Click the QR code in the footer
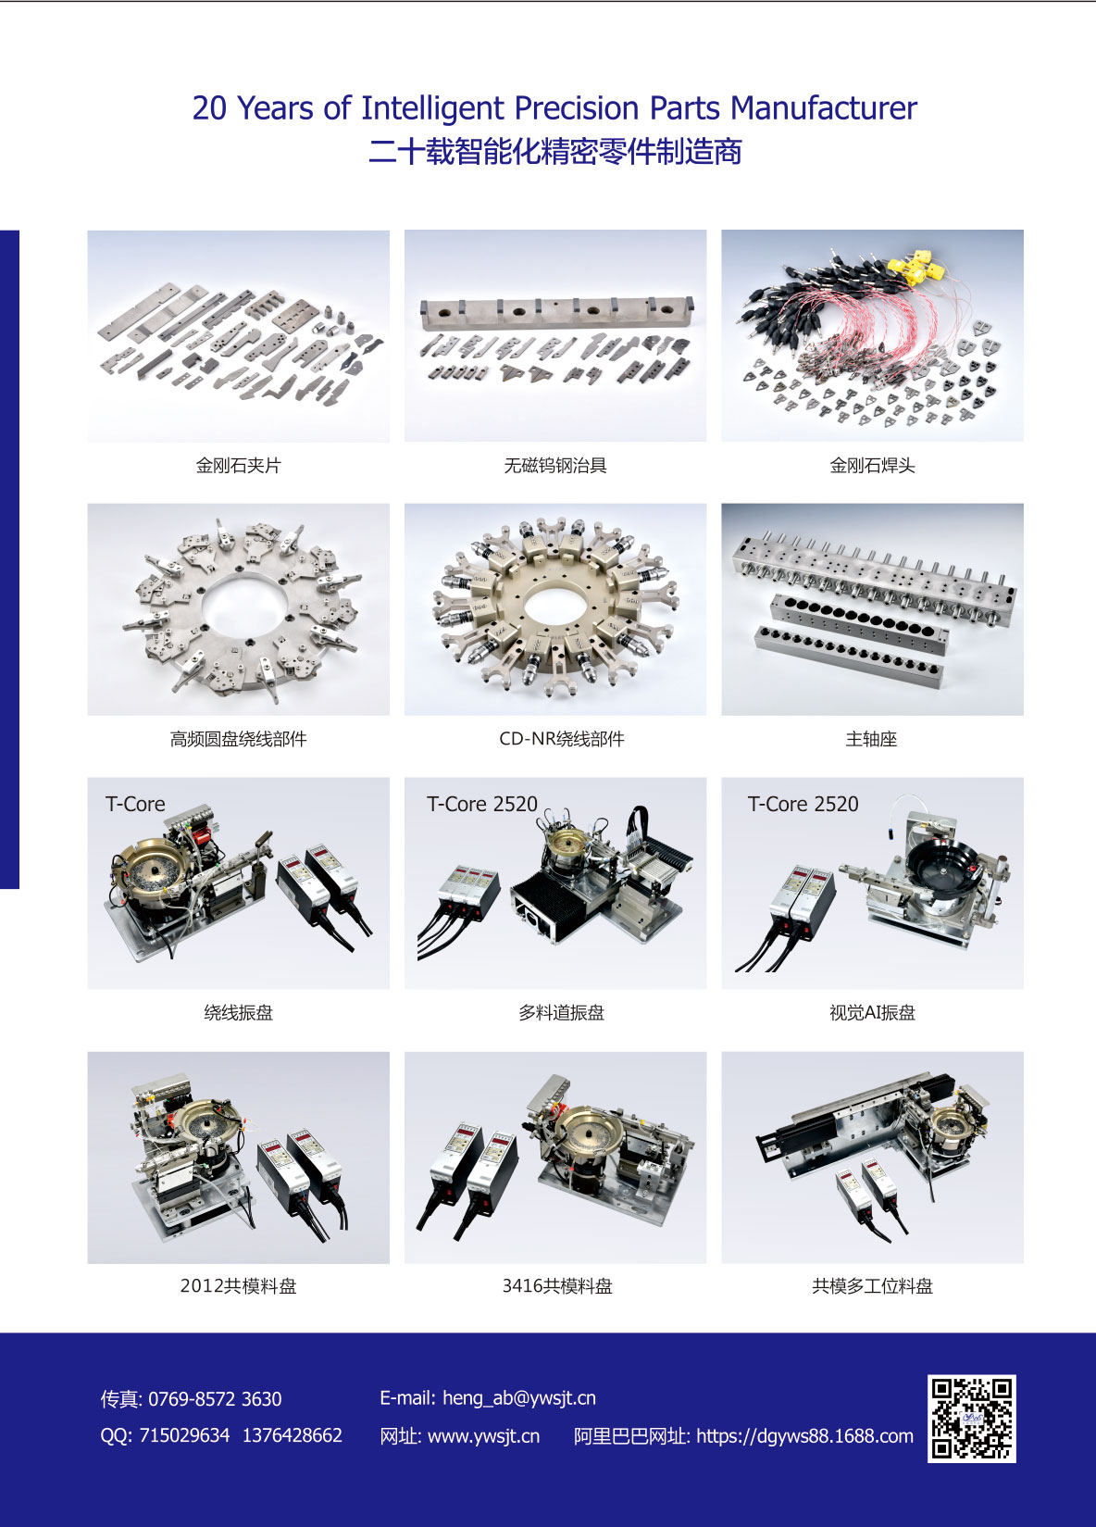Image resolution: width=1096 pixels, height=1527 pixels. point(971,1418)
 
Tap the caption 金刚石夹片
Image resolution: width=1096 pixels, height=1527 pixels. point(239,466)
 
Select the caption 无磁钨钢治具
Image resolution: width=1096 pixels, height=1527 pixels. point(555,466)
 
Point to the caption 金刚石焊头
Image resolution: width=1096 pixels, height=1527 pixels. point(872,466)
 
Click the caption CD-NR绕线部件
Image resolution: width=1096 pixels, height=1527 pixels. point(562,739)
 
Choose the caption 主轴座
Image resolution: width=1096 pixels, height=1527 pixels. point(872,739)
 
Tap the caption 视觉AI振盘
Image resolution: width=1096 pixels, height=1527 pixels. point(872,1012)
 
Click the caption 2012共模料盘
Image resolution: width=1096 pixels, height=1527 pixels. point(239,1285)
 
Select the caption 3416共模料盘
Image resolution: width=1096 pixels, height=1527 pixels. point(557,1285)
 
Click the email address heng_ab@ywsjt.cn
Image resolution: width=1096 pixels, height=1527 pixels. point(519,1398)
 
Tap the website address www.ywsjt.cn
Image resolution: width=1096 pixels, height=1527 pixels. point(483,1436)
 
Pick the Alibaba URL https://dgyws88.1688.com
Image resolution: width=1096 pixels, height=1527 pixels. point(805,1436)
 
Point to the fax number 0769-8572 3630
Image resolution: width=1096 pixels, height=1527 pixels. point(215,1399)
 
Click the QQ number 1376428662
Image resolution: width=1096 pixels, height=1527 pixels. point(293,1435)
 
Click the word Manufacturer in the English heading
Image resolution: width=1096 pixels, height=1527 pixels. point(823,107)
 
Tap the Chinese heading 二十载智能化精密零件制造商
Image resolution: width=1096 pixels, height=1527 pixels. point(555,151)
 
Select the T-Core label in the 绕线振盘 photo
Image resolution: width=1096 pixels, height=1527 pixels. point(135,805)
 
